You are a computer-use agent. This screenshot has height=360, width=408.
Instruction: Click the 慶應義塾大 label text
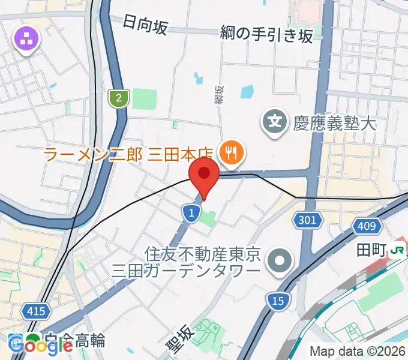tap(334, 124)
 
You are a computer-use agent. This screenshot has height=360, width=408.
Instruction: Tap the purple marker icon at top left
tap(27, 40)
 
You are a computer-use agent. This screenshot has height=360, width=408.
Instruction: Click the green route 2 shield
tap(119, 97)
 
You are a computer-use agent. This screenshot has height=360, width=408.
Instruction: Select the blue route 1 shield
tap(191, 212)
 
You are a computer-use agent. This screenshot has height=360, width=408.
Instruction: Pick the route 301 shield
tap(307, 220)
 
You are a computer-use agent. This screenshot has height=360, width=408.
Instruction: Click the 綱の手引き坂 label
tap(266, 35)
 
